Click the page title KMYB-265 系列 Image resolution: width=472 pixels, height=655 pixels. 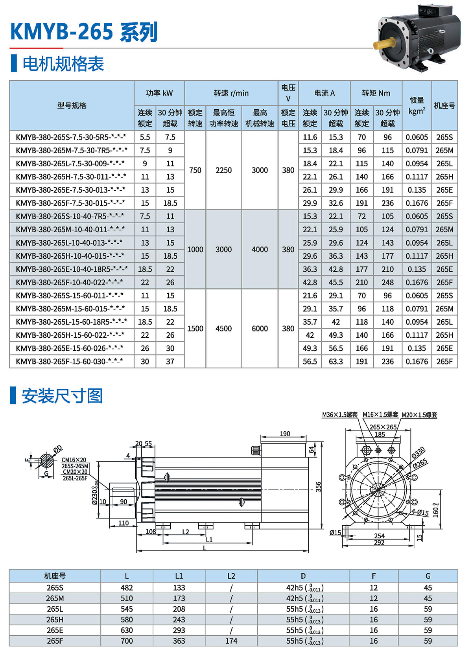[84, 32]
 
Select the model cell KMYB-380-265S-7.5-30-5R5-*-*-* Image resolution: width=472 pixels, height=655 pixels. [71, 137]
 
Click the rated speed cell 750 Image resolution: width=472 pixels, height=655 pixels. [195, 170]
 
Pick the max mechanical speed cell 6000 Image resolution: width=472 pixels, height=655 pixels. [260, 329]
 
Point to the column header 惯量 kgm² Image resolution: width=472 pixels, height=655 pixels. [417, 106]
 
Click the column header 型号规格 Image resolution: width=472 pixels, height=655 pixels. [72, 106]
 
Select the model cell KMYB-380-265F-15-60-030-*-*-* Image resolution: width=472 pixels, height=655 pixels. [70, 361]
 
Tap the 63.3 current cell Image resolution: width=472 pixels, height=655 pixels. [336, 361]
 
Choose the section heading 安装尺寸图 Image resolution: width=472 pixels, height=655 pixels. [62, 396]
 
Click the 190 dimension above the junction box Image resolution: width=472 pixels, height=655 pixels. [285, 434]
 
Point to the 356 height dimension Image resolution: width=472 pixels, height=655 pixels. [318, 487]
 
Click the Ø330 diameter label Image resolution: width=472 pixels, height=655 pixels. [418, 453]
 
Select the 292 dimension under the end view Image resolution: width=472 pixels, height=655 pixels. [379, 543]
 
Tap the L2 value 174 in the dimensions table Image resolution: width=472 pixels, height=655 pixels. [231, 641]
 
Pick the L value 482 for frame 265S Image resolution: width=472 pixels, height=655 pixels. [127, 588]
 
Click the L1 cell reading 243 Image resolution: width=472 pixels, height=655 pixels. [179, 620]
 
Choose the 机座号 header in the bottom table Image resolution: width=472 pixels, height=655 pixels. [55, 576]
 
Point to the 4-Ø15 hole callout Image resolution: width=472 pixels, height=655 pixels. [420, 512]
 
